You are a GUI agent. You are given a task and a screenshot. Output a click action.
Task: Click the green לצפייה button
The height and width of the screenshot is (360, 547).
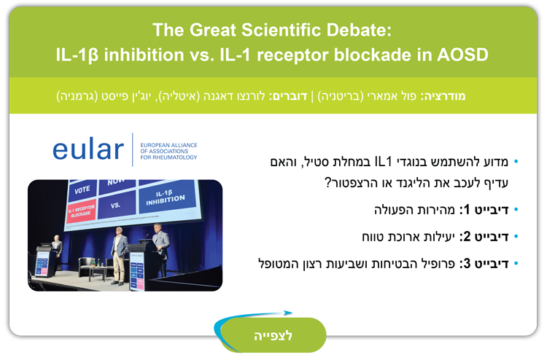click(x=273, y=335)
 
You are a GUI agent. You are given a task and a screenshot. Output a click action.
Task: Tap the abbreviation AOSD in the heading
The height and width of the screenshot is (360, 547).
click(x=462, y=55)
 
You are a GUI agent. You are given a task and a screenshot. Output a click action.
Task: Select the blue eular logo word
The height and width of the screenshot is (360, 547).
click(x=88, y=149)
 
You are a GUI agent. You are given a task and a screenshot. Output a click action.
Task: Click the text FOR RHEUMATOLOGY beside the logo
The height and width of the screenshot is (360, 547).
click(x=169, y=157)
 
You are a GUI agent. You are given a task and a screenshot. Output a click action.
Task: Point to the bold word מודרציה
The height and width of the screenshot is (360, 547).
click(x=445, y=96)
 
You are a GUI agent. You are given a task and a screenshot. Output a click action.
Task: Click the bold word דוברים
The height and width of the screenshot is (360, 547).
click(x=290, y=96)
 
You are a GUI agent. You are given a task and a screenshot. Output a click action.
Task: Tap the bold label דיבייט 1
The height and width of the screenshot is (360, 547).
click(x=486, y=209)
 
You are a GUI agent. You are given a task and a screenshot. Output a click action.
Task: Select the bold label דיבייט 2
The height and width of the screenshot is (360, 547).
click(x=486, y=237)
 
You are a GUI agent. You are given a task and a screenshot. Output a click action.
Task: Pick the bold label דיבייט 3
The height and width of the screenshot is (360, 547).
click(x=486, y=264)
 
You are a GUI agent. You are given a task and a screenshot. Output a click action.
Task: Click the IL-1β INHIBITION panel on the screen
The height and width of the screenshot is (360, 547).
click(x=167, y=197)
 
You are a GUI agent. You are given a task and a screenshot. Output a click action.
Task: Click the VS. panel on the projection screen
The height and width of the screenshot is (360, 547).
click(x=117, y=204)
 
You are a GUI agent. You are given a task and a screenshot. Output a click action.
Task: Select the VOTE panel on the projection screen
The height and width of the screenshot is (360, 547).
click(x=82, y=190)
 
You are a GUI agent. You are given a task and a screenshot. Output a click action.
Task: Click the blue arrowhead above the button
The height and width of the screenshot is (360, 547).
click(x=288, y=313)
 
